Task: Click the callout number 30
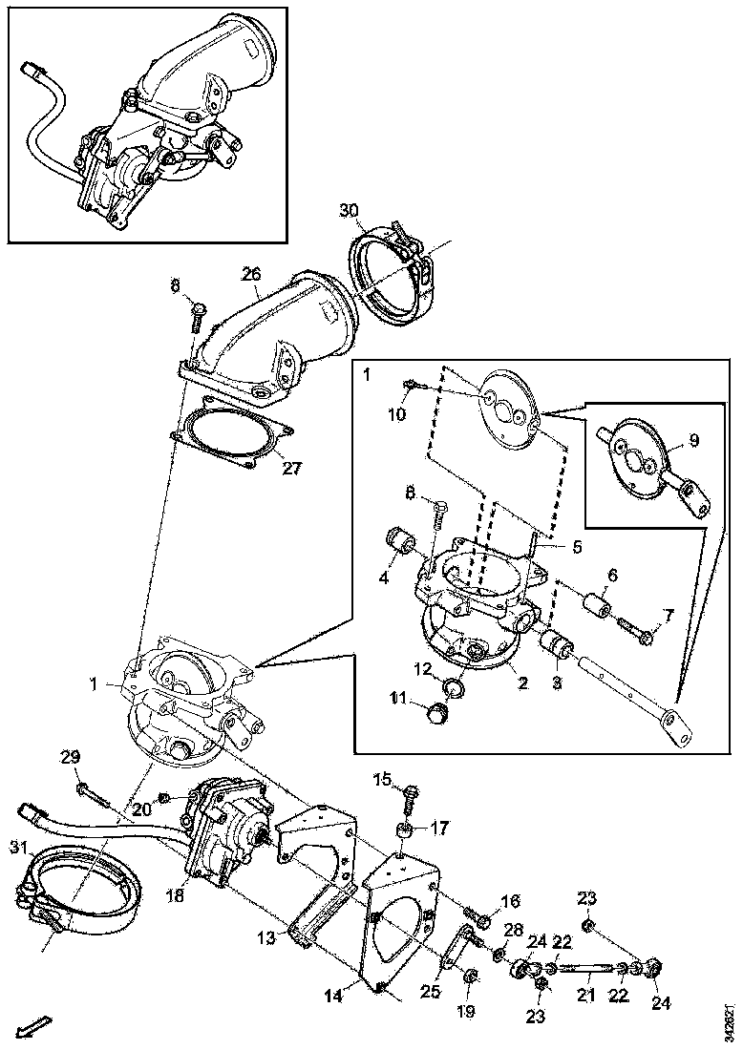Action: coord(349,210)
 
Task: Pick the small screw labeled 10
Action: coord(410,385)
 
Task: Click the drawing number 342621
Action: coord(731,1020)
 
